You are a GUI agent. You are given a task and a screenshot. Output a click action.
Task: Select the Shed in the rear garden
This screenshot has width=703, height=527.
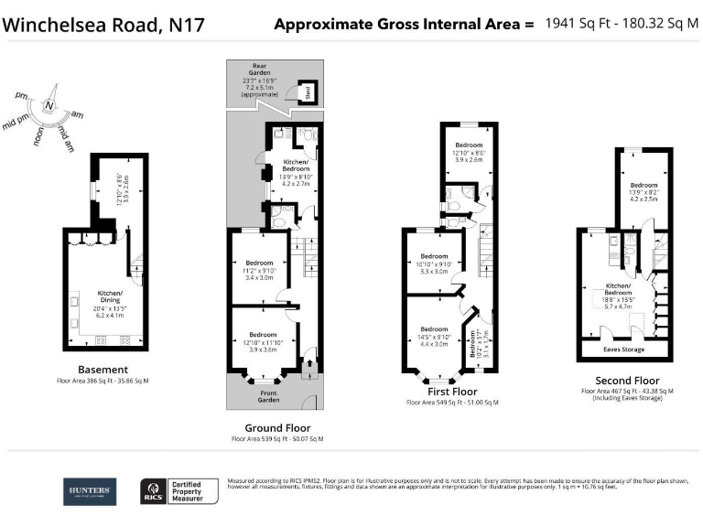tap(309, 91)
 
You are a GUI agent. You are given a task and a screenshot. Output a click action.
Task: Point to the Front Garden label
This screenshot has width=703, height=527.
tap(267, 396)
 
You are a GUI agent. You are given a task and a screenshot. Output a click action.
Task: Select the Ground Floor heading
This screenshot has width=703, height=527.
tap(277, 427)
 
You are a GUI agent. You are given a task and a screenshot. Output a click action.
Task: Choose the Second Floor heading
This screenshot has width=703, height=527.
tap(626, 380)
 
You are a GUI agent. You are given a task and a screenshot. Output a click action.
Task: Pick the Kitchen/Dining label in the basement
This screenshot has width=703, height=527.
tap(114, 296)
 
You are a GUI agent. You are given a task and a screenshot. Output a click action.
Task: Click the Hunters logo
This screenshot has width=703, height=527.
tap(89, 491)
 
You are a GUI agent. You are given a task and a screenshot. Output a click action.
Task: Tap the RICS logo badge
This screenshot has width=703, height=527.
tap(153, 492)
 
